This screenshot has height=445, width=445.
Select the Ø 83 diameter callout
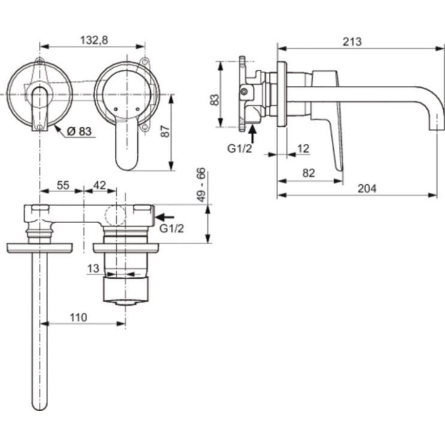pos(78,131)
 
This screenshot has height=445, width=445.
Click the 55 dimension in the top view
pos(62,185)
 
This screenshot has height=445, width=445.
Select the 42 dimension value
pos(100,185)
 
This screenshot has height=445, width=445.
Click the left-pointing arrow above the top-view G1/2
pos(166,217)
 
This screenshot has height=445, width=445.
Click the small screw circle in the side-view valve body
pos(245,92)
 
